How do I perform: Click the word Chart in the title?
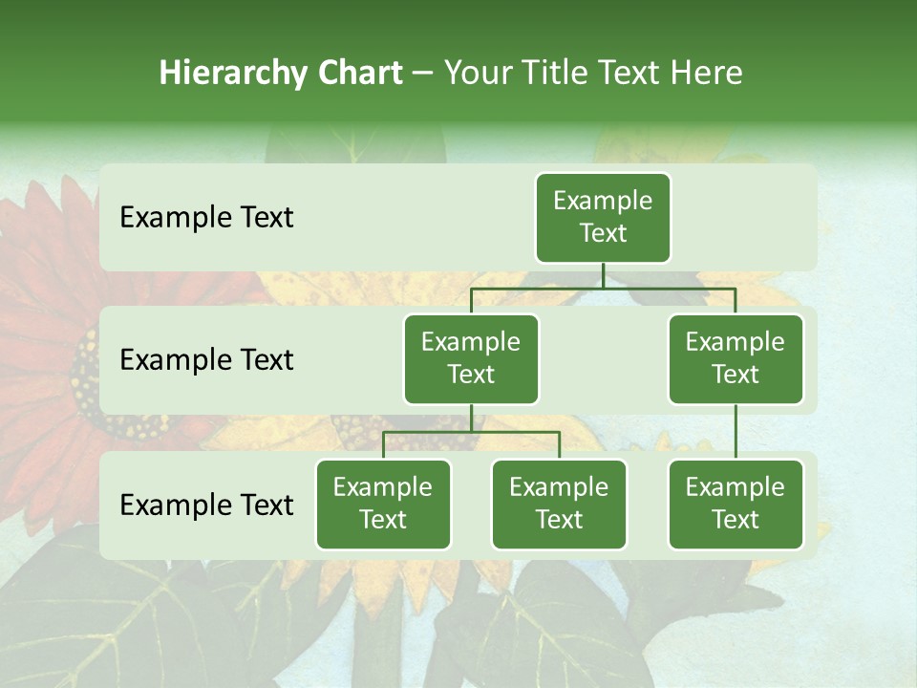pyautogui.click(x=361, y=74)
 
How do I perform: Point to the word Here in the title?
pyautogui.click(x=706, y=74)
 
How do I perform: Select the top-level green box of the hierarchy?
pyautogui.click(x=603, y=217)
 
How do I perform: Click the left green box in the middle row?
pyautogui.click(x=471, y=358)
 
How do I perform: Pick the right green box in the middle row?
pyautogui.click(x=736, y=358)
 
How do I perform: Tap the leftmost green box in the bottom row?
pyautogui.click(x=383, y=504)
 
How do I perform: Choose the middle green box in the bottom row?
pyautogui.click(x=559, y=504)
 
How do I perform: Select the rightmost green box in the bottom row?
pyautogui.click(x=736, y=504)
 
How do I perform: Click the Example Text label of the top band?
pyautogui.click(x=206, y=218)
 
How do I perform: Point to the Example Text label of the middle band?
pyautogui.click(x=206, y=360)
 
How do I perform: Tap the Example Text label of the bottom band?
pyautogui.click(x=206, y=505)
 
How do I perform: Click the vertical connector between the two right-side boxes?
pyautogui.click(x=736, y=432)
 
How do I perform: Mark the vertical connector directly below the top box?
pyautogui.click(x=603, y=275)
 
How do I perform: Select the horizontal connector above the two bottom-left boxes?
pyautogui.click(x=471, y=432)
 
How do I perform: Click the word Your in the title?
pyautogui.click(x=477, y=74)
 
